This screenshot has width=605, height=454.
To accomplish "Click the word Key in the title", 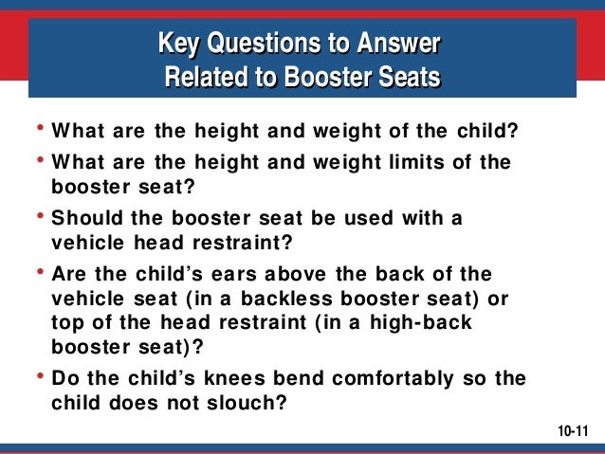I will (x=178, y=44).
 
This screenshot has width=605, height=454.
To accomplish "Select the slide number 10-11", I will (x=573, y=432).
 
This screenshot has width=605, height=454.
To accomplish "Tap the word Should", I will (x=84, y=218).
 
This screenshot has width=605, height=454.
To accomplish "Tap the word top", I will (x=65, y=323).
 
